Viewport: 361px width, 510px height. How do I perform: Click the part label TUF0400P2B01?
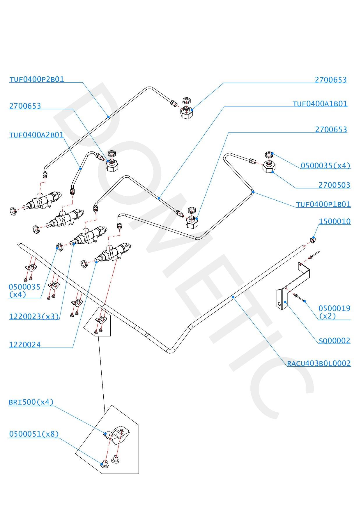(37, 79)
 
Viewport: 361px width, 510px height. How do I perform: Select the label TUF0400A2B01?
(36, 135)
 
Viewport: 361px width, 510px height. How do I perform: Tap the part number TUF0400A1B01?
(320, 104)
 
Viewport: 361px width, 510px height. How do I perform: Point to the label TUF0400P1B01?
(323, 204)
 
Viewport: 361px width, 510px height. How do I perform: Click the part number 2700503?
(335, 185)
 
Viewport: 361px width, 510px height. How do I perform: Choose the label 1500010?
(335, 222)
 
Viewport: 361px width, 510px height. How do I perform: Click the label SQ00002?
(335, 340)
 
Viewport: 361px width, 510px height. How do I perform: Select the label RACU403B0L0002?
(319, 363)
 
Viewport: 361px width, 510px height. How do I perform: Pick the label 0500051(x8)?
(34, 434)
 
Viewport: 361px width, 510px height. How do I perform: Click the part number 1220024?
(25, 345)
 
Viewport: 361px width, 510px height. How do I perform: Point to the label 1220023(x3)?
(34, 317)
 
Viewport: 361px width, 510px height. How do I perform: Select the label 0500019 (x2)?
(334, 312)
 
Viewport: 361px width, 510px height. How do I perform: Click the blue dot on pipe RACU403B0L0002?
(233, 297)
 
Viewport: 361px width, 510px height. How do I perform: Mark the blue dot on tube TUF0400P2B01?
(108, 117)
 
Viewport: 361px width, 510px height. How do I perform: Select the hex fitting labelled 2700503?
(268, 167)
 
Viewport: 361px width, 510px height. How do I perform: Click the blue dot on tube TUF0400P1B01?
(253, 192)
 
